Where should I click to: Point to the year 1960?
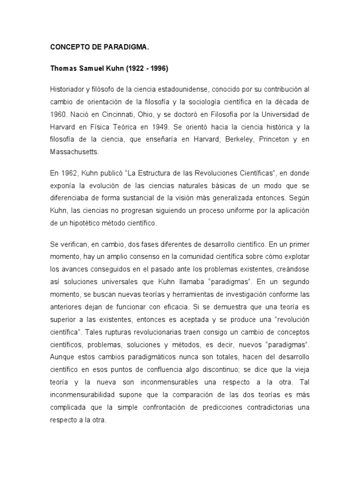(x=59, y=114)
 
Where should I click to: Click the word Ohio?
(x=152, y=114)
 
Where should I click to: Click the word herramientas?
(x=189, y=295)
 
